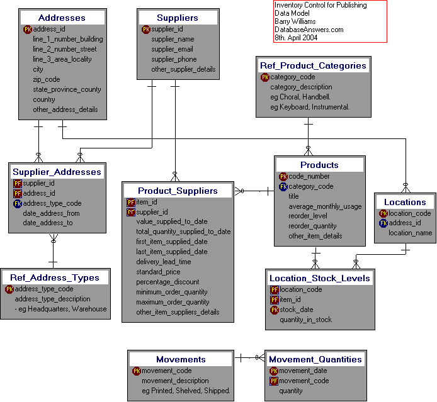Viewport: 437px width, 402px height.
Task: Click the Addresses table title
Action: pos(62,18)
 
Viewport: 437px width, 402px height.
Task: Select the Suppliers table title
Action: pos(178,18)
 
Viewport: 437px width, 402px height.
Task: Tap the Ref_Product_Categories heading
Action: pos(312,65)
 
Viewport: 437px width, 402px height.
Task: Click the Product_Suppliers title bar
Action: pos(178,191)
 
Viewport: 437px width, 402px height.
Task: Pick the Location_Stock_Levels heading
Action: pos(320,278)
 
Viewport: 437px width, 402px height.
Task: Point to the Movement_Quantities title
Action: pos(315,359)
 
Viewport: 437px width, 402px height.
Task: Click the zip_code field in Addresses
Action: pos(47,79)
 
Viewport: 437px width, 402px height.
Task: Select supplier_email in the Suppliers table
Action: pos(173,49)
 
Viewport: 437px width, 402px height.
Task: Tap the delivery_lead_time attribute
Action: pos(164,262)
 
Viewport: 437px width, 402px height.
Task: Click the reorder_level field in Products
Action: pos(309,216)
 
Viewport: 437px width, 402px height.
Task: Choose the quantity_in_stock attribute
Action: pos(306,320)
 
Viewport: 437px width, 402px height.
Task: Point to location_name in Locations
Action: pos(410,233)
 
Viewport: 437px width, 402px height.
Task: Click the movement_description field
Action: pos(175,381)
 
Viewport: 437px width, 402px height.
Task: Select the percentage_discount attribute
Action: pos(167,282)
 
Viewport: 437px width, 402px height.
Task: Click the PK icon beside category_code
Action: pos(264,77)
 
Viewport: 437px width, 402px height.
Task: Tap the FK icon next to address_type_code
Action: pos(17,203)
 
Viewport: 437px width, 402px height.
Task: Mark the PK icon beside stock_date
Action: pos(274,310)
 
